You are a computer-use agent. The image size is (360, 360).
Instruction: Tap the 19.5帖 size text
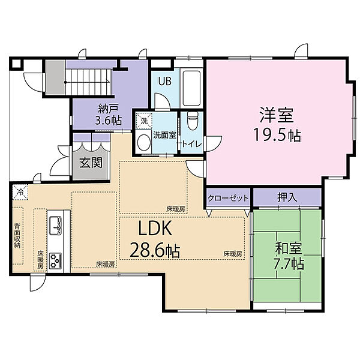277,136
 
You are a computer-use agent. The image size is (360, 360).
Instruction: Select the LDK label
155,228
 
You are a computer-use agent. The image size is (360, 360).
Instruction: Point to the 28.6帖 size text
155,250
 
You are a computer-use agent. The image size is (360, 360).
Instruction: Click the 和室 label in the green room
289,249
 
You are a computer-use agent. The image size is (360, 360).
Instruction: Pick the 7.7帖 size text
289,264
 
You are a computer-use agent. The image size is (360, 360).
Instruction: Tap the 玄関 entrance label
91,163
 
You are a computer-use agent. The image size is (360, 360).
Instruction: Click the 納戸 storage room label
108,109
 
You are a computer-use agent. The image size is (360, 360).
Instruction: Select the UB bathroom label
165,81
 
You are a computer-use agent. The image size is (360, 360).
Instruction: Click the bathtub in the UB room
191,88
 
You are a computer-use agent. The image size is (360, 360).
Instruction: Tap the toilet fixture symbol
192,121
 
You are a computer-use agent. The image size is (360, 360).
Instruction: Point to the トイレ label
192,144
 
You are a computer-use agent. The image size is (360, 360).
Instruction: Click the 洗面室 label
164,135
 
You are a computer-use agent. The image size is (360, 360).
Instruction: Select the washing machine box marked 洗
144,121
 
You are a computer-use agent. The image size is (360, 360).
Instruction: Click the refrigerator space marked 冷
20,192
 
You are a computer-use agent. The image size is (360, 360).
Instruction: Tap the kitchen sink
56,225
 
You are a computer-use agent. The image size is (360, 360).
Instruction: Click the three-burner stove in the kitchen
56,260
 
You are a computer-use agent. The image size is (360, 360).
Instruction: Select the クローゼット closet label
228,197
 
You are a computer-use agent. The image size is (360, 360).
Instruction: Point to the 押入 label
287,197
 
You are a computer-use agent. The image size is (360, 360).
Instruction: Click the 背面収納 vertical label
17,236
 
